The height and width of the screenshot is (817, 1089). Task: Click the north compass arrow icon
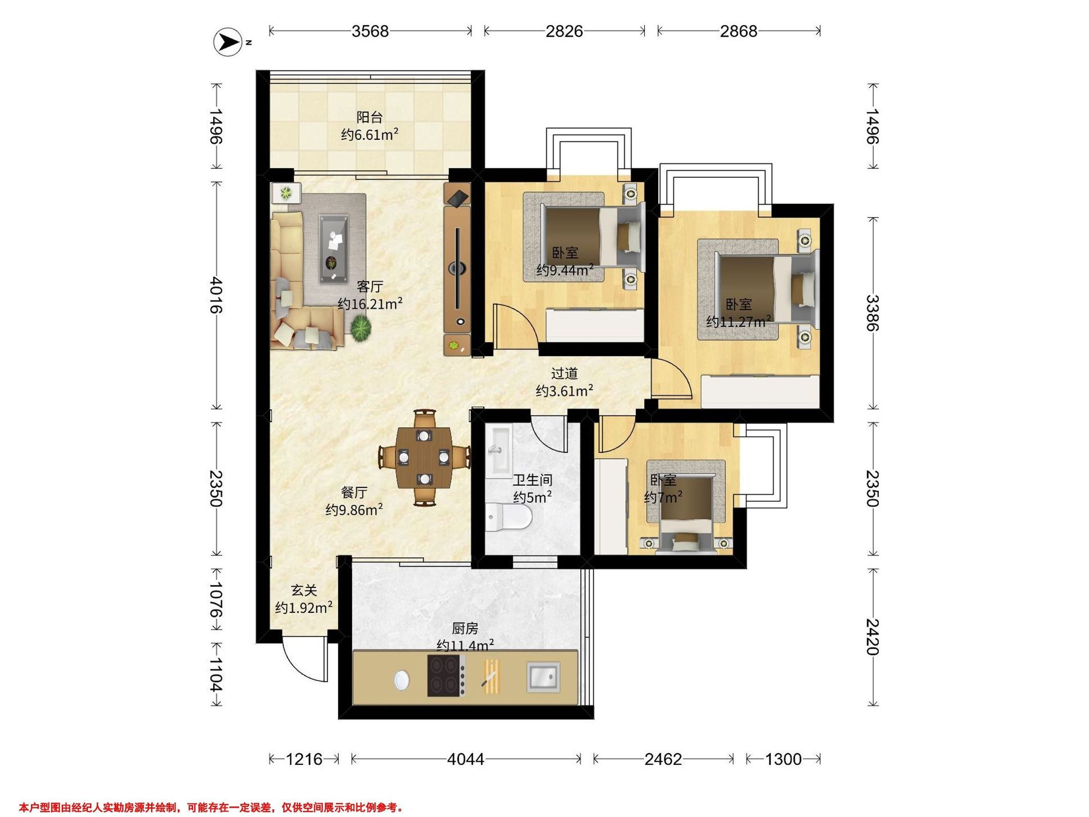pos(227,42)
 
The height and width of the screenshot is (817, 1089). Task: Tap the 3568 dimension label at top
pos(370,31)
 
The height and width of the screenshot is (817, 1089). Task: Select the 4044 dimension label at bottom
pos(465,759)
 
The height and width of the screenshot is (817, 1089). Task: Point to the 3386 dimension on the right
pos(873,313)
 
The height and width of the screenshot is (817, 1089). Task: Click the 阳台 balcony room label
pos(369,117)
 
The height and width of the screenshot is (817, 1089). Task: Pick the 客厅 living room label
pos(370,286)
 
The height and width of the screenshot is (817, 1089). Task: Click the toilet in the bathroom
pos(509,517)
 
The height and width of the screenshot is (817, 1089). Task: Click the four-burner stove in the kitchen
pos(446,676)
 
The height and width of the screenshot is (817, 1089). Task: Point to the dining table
pos(424,457)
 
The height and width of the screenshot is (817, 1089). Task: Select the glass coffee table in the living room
pos(334,249)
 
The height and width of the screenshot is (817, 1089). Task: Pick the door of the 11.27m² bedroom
pos(672,378)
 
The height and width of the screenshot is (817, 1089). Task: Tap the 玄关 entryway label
pos(304,590)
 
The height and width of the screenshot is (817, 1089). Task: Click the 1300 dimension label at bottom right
pos(783,759)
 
